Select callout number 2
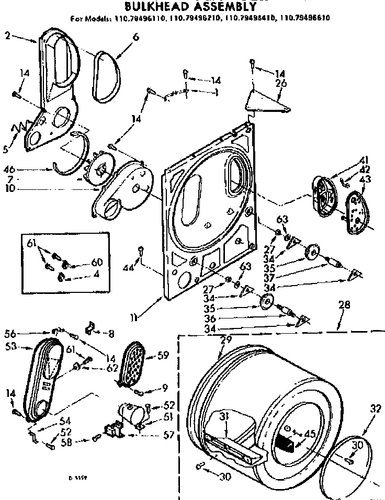(x=7, y=36)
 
